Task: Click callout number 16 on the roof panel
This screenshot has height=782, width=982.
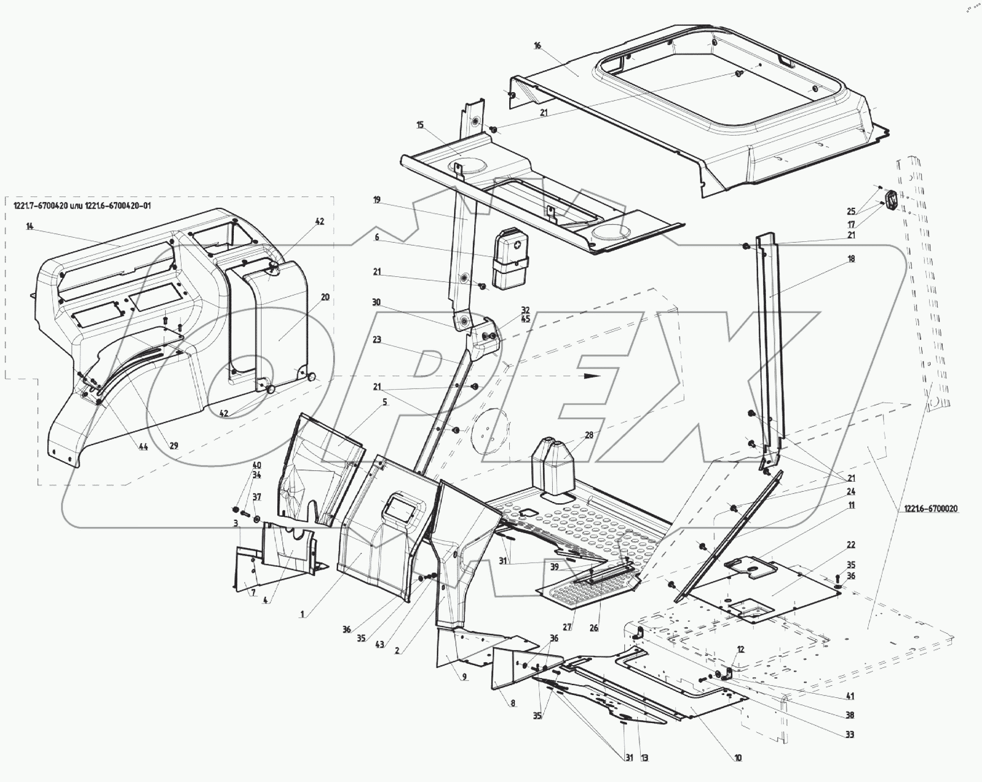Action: (537, 45)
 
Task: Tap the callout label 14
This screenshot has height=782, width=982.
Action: (30, 226)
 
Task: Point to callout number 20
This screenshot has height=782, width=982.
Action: (325, 297)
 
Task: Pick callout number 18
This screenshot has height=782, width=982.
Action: (851, 259)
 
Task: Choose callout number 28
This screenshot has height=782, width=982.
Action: (589, 435)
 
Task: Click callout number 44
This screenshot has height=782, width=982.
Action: (143, 447)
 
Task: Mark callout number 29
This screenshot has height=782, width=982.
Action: (174, 446)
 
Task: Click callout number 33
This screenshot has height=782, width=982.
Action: (850, 735)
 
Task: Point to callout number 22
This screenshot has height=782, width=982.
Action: (851, 545)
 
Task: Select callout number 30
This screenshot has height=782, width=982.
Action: (376, 303)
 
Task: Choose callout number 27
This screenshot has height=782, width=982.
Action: (567, 628)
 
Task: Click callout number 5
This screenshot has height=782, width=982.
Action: (385, 402)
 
